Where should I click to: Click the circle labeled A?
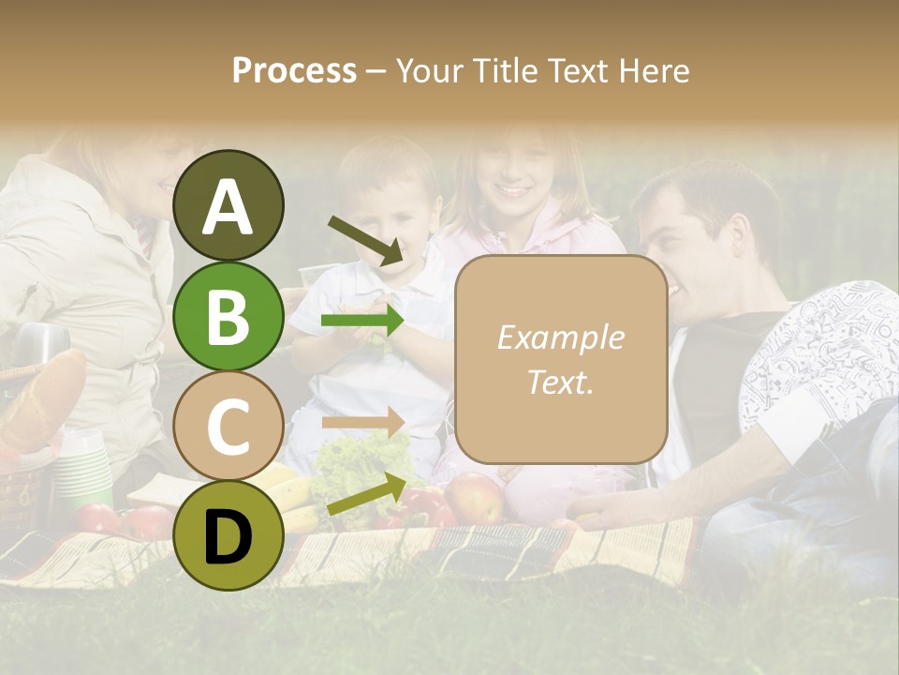(x=228, y=205)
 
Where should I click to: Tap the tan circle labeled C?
(x=228, y=426)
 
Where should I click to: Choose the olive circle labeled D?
(x=228, y=535)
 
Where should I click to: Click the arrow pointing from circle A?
(x=366, y=240)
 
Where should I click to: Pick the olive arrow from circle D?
(x=366, y=494)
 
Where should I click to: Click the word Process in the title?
(x=294, y=70)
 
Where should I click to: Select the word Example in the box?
(x=560, y=337)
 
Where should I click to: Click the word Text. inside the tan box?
(x=560, y=382)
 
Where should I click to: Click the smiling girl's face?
(x=514, y=178)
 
